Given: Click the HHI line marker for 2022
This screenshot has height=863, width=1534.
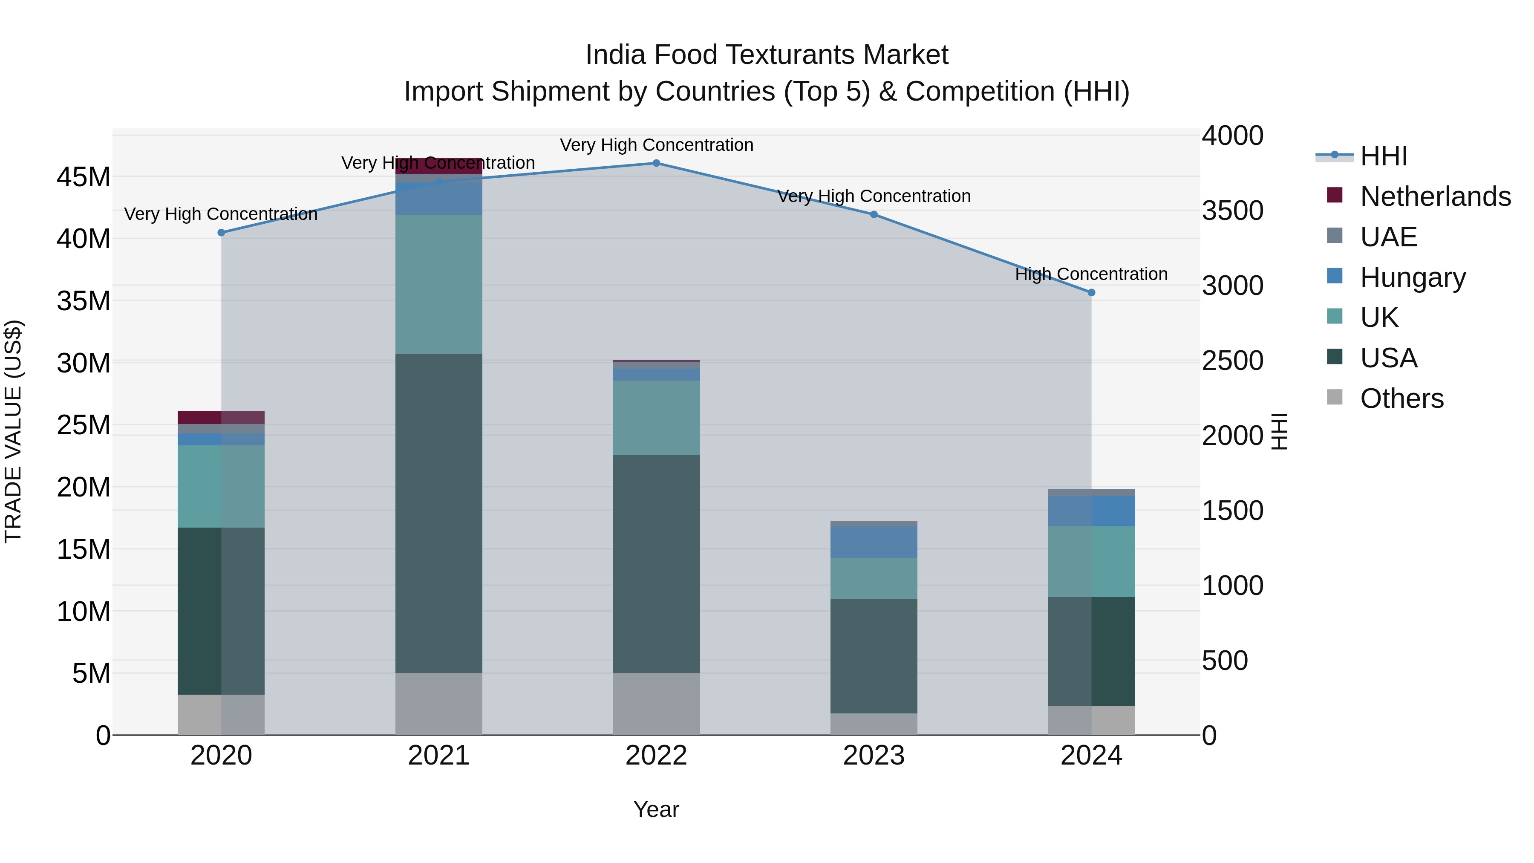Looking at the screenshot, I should coord(656,163).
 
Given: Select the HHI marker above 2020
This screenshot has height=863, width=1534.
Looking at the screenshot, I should coord(221,233).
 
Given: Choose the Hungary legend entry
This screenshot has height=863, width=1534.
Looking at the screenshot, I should coord(1413,277).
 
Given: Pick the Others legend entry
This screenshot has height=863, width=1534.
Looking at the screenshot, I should coord(1401,398).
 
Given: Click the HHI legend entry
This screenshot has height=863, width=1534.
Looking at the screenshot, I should coord(1383,156).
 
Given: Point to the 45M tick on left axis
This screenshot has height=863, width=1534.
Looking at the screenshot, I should coord(84,177).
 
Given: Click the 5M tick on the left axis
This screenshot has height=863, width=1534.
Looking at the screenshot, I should coord(91,674).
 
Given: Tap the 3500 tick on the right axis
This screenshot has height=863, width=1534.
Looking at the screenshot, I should coord(1232,211).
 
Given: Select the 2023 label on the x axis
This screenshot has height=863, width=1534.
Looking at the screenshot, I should coord(874,756).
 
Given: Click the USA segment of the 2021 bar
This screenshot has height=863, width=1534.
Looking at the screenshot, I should coord(439,512).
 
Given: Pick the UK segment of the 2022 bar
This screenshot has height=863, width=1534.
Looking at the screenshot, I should coord(656,418).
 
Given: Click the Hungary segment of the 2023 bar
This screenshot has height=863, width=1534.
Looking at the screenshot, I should coord(874,542).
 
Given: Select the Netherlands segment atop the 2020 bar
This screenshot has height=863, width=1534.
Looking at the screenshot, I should coord(221,417).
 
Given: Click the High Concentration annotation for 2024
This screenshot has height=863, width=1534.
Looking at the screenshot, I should coord(1091,274).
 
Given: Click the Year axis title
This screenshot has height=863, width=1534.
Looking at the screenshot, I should coord(656,809).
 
